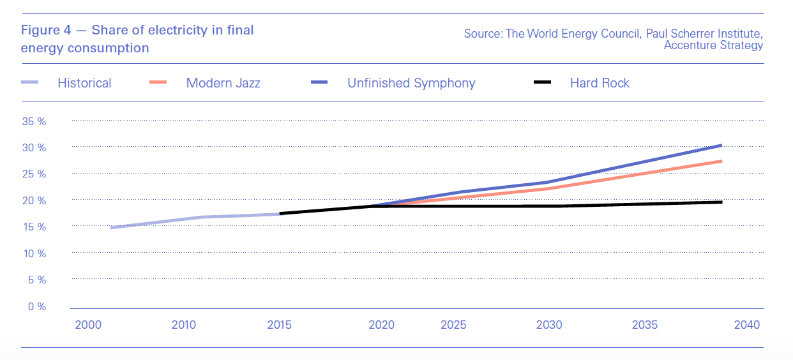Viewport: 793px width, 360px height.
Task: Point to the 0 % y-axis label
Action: [x=37, y=306]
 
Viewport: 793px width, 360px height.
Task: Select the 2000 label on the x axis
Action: [x=88, y=325]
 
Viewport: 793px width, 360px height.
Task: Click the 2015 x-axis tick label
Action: [x=279, y=325]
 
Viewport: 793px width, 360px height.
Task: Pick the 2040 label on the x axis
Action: [x=747, y=325]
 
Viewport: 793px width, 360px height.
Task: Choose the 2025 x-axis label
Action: [x=453, y=325]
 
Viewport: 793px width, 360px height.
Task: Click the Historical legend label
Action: [x=84, y=83]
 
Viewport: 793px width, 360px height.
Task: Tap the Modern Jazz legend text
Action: [x=223, y=83]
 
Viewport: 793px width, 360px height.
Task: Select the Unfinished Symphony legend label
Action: [x=411, y=83]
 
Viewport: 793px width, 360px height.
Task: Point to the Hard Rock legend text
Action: [x=600, y=83]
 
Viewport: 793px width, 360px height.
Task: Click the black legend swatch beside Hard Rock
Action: [x=542, y=82]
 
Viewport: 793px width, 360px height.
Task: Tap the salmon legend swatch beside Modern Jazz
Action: [x=158, y=82]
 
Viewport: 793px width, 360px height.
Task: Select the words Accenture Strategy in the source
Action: [x=713, y=45]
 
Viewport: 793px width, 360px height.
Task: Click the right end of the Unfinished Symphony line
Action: [x=721, y=146]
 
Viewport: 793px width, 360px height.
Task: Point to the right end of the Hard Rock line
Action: [x=721, y=202]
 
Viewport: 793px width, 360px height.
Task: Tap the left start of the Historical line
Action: [x=112, y=227]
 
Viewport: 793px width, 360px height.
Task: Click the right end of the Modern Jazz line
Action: [x=721, y=161]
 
